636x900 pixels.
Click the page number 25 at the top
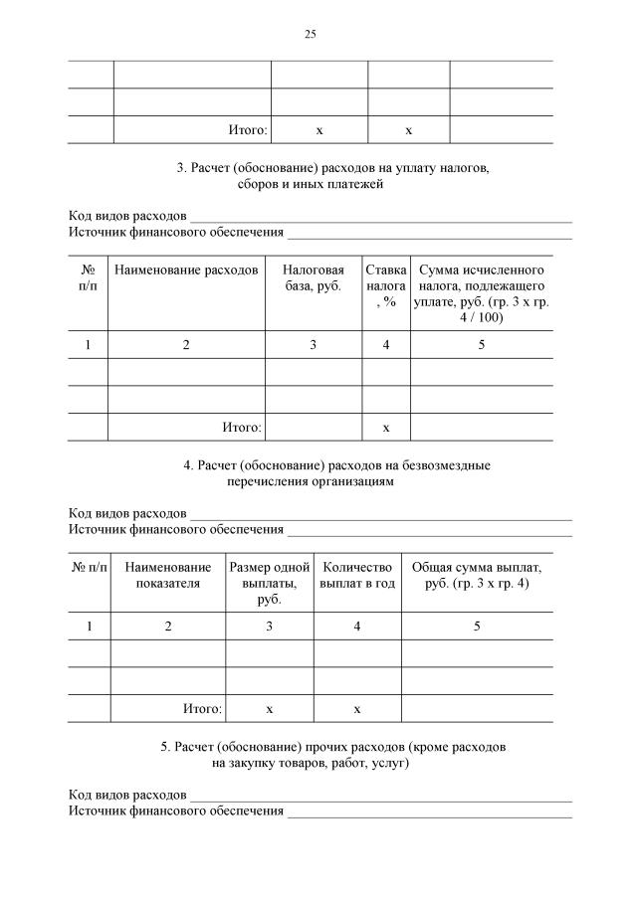click(x=310, y=34)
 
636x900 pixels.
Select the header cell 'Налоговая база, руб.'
click(x=314, y=278)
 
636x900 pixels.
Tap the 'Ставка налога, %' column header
click(x=386, y=285)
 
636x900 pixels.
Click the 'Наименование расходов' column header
click(x=186, y=270)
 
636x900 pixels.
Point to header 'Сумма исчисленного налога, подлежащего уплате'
click(x=482, y=293)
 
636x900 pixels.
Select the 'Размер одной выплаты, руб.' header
click(x=270, y=583)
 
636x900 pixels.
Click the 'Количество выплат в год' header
click(x=356, y=575)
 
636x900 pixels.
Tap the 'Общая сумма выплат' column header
click(x=477, y=575)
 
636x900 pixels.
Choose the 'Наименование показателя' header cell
click(x=167, y=575)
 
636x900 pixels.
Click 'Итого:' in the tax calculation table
click(x=242, y=428)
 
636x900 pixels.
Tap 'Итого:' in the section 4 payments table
click(x=202, y=709)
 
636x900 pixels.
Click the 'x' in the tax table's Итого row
click(x=386, y=428)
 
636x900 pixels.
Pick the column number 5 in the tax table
click(x=482, y=345)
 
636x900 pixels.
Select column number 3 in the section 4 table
click(x=270, y=627)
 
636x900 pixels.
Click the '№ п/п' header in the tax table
click(x=88, y=277)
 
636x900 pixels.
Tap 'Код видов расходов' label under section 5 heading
click(x=127, y=796)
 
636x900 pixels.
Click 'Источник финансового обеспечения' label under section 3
click(x=175, y=233)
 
